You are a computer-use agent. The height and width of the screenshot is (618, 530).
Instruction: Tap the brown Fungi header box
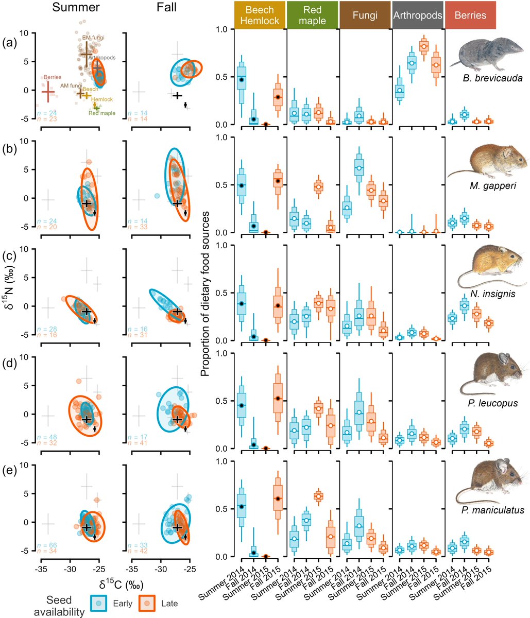tap(365, 15)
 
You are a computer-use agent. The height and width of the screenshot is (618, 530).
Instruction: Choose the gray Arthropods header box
tap(417, 15)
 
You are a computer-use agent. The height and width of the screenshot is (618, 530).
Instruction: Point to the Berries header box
tap(470, 15)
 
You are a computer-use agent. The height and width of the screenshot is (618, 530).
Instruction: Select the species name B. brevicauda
tap(492, 79)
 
